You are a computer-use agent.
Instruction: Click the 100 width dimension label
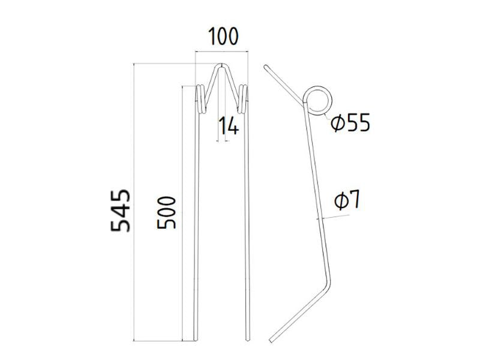[223, 37]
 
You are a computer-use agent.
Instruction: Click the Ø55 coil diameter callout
[350, 124]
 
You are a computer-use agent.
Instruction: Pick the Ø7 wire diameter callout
[346, 200]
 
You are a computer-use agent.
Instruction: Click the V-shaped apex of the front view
[222, 67]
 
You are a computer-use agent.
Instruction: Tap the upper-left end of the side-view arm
[266, 67]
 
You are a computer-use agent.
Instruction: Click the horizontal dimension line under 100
[222, 52]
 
